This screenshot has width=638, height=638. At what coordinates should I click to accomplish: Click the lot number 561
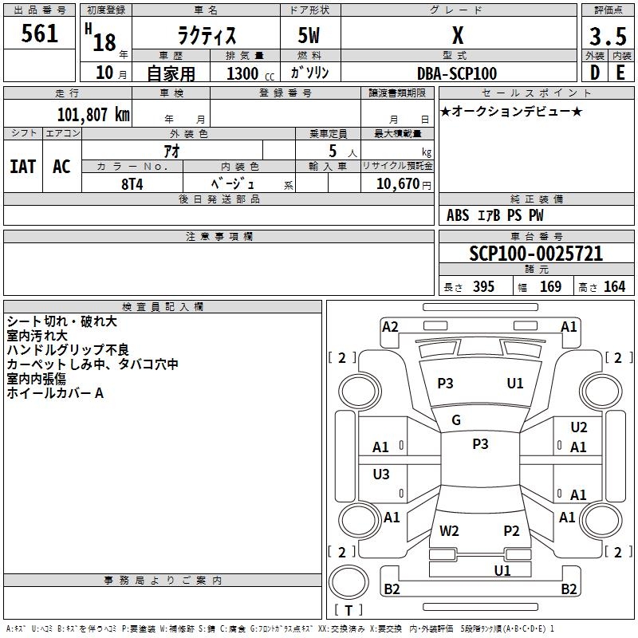click(x=40, y=33)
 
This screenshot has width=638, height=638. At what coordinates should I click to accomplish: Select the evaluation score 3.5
click(x=606, y=37)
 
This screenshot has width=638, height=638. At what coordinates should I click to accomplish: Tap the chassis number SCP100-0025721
click(x=536, y=254)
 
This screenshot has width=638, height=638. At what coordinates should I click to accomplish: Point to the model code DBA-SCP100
click(x=457, y=73)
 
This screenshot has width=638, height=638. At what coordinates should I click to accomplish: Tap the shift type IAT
click(x=22, y=167)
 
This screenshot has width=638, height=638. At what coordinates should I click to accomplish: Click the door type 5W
click(x=309, y=37)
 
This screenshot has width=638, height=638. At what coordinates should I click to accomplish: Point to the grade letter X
click(x=458, y=37)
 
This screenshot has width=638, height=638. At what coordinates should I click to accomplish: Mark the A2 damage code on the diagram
click(x=390, y=326)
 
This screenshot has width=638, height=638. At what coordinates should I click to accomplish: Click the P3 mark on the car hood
click(x=445, y=384)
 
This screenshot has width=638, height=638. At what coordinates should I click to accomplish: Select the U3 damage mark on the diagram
click(x=381, y=475)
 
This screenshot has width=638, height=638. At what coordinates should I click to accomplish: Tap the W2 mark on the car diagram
click(x=449, y=531)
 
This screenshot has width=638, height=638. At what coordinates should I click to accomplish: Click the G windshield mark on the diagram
click(x=456, y=420)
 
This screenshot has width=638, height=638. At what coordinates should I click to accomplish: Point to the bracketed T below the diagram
click(x=348, y=610)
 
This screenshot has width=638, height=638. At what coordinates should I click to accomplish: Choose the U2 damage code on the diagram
click(x=578, y=428)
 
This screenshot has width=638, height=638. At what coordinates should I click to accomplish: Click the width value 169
click(x=550, y=287)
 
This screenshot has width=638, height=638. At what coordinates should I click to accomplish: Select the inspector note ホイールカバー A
click(x=55, y=393)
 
